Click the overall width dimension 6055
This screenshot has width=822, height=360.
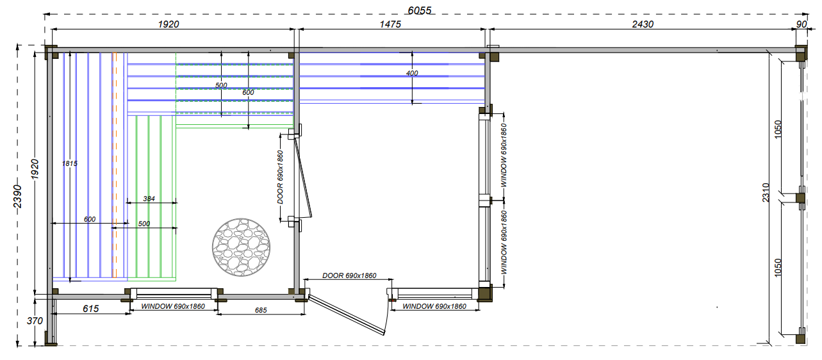[420, 10]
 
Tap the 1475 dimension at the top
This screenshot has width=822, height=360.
[390, 24]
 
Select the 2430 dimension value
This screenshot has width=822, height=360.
[643, 24]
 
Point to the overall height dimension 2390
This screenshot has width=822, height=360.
[17, 196]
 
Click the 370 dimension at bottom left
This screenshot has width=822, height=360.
[35, 321]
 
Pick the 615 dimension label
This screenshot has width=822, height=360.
[90, 309]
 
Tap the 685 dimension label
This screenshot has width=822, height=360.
[261, 311]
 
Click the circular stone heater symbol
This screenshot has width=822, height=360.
[241, 247]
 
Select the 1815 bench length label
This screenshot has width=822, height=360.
[70, 164]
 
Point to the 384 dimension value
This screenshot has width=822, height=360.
[149, 199]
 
